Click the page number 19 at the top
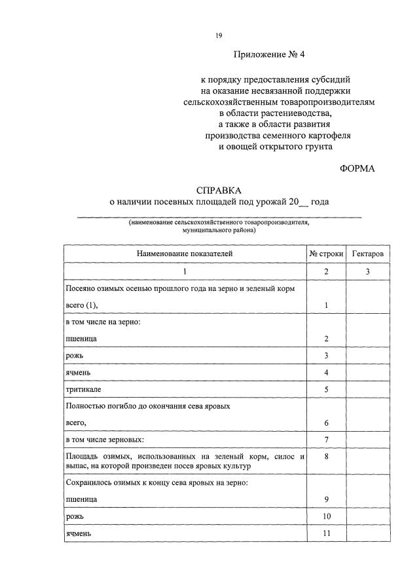click(x=219, y=35)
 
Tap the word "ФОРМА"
click(x=357, y=168)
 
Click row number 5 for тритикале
click(x=326, y=389)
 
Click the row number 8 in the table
click(x=326, y=456)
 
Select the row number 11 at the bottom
click(x=326, y=534)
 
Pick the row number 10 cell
click(x=326, y=517)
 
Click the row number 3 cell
click(x=326, y=355)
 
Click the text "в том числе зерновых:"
click(x=104, y=439)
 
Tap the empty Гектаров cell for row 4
click(x=368, y=372)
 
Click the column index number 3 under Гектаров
click(x=368, y=271)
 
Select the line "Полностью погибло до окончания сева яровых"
click(x=147, y=406)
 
